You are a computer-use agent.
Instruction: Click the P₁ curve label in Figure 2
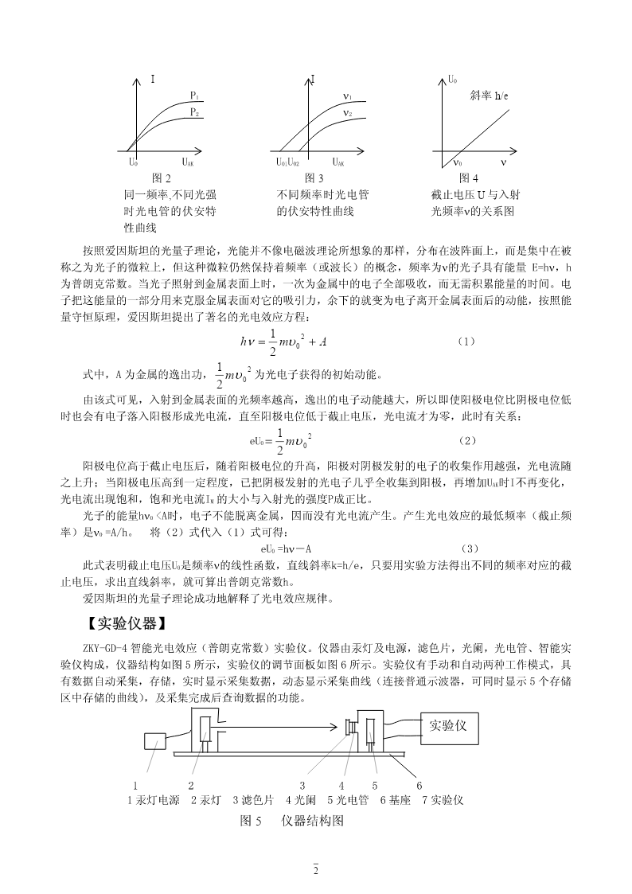tap(193, 96)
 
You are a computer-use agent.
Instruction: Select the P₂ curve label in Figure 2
tap(193, 113)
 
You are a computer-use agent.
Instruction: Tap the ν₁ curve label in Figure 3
tap(347, 96)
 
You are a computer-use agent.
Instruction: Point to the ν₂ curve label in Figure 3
tap(347, 113)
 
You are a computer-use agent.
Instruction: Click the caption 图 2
tap(162, 178)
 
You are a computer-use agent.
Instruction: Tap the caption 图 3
tap(314, 178)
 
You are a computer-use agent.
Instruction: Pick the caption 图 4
tap(469, 178)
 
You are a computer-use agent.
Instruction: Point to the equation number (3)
tap(470, 548)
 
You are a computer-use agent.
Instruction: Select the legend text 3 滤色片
tap(252, 799)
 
